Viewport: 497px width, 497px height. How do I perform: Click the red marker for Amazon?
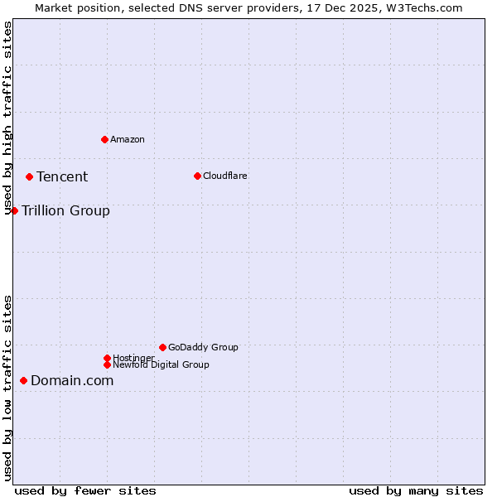[x=104, y=139]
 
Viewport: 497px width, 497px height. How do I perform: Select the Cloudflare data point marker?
[x=197, y=176]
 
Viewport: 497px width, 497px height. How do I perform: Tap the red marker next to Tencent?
[x=29, y=176]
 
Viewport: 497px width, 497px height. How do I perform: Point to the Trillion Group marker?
[x=14, y=210]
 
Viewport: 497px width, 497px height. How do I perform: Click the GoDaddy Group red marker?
[x=162, y=347]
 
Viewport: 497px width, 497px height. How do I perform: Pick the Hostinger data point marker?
[x=107, y=358]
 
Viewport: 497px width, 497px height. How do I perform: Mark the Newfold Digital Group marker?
[x=107, y=364]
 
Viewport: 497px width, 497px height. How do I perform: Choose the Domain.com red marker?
[x=23, y=380]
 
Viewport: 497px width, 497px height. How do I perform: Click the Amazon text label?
[x=127, y=139]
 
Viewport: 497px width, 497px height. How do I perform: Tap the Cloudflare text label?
[x=224, y=176]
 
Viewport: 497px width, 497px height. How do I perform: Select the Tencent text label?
[x=62, y=176]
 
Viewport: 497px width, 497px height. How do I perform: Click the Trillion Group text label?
[x=65, y=210]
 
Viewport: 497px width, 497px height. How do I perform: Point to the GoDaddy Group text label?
[x=203, y=347]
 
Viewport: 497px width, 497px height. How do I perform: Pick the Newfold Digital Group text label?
[x=161, y=364]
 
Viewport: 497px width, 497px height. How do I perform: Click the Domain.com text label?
[x=72, y=380]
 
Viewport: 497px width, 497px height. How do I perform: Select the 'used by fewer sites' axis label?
[x=85, y=490]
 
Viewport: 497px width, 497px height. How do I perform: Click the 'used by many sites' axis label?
[x=416, y=490]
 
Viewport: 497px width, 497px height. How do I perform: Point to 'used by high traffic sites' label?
[x=7, y=118]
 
